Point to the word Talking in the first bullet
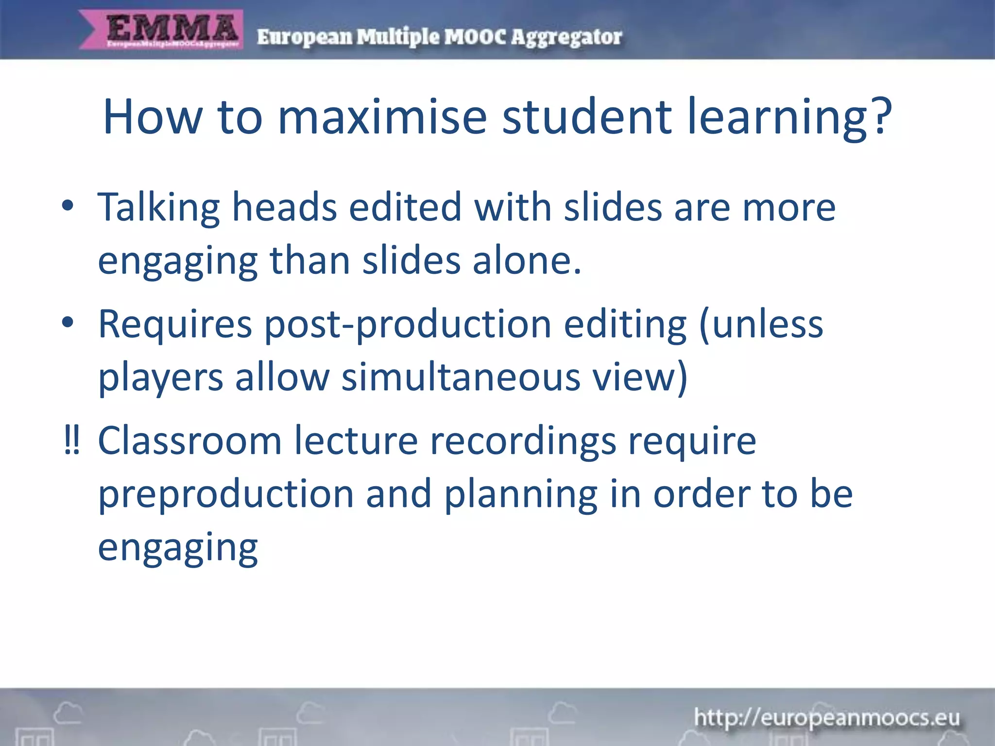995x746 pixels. pos(159,208)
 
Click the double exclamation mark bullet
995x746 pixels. pos(71,440)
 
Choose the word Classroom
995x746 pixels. pos(190,441)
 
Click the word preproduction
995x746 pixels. pos(226,494)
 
